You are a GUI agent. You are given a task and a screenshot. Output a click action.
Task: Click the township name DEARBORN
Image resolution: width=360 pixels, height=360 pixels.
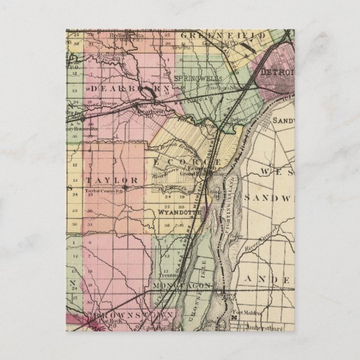point(120,89)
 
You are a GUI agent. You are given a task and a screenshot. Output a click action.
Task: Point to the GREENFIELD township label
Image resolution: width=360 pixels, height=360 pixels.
point(217,35)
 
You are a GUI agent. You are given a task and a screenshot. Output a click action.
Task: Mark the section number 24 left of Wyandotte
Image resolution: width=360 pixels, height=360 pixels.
point(167,197)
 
